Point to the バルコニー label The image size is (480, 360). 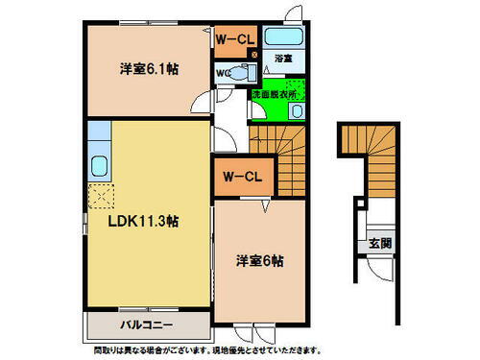tap(147, 324)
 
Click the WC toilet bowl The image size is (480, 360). tap(244, 74)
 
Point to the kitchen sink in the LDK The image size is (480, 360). tap(98, 163)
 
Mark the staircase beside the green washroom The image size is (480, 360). tap(276, 147)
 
